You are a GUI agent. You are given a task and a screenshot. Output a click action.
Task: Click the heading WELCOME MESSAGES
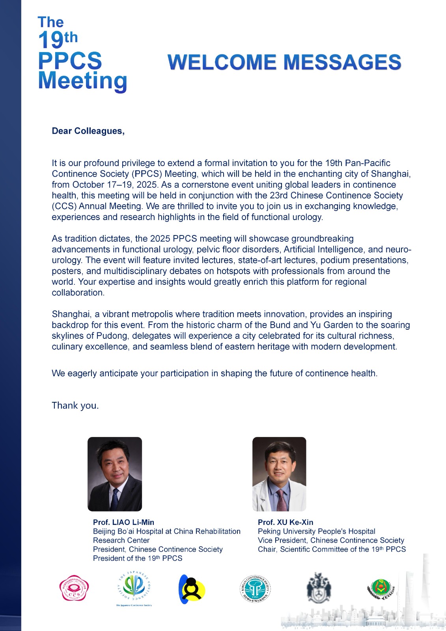(284, 62)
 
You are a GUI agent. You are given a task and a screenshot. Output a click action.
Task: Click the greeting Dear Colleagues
(88, 131)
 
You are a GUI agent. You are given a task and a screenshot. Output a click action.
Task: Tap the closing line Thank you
(75, 405)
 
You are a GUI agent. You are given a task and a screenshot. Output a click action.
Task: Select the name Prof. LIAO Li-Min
(123, 522)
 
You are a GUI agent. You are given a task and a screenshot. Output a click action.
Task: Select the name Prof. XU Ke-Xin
(286, 522)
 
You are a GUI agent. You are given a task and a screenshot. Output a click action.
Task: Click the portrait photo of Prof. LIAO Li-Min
(114, 474)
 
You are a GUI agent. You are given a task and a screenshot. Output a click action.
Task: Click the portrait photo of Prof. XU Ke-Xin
(279, 474)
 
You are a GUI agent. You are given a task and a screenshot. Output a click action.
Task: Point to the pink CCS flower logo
(74, 588)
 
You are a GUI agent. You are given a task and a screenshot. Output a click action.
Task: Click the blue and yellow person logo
(192, 589)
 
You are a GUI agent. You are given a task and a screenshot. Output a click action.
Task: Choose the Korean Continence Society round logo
(255, 589)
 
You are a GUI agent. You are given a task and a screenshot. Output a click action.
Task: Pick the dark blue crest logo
(319, 588)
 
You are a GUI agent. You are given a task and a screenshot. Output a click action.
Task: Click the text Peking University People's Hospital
(316, 531)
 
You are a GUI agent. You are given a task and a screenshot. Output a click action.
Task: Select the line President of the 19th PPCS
(138, 558)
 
